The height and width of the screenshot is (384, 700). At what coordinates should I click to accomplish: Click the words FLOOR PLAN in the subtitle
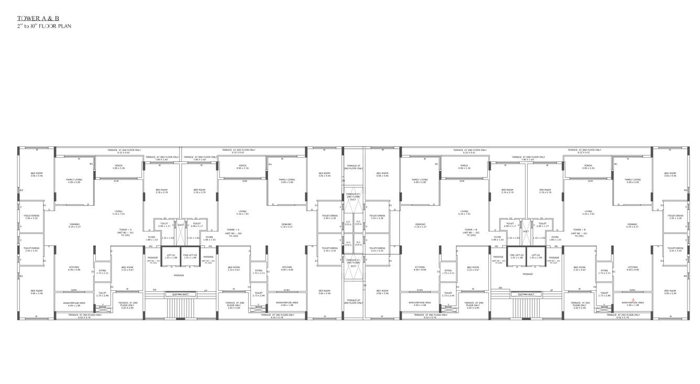(x=57, y=26)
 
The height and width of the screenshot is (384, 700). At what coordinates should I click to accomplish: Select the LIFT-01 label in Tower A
(x=170, y=256)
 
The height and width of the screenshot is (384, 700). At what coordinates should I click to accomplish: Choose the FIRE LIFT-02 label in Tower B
(x=516, y=256)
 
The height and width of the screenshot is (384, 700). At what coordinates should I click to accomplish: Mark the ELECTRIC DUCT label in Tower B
(x=526, y=294)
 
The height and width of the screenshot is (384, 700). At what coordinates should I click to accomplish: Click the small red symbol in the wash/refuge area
(x=633, y=299)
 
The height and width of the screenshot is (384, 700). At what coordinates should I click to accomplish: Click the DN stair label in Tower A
(x=155, y=289)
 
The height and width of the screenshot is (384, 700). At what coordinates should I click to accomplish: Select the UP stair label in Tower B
(x=551, y=289)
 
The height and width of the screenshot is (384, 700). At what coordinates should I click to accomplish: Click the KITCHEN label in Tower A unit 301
(x=74, y=268)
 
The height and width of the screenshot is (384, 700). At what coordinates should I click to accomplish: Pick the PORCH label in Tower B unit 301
(x=587, y=167)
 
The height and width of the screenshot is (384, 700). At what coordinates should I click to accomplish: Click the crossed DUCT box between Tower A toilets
(x=180, y=225)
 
